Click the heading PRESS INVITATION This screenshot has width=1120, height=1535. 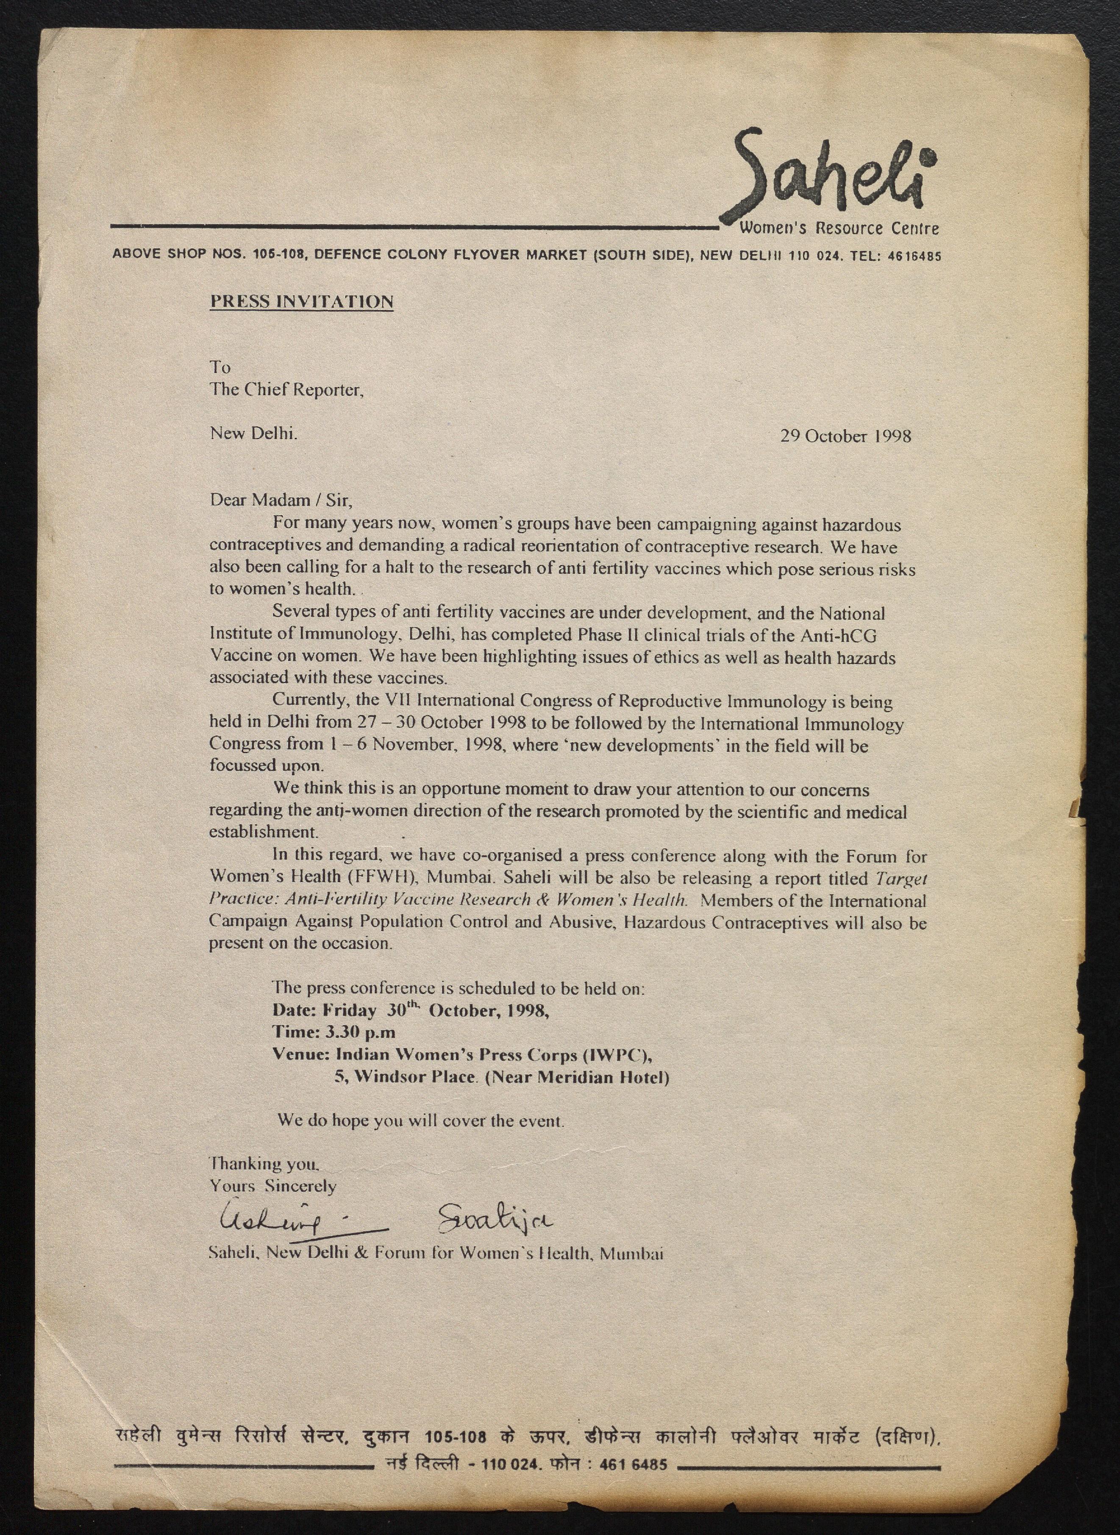[302, 302]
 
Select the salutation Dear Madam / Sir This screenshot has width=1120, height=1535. [281, 501]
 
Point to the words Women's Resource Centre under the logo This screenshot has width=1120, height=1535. [839, 228]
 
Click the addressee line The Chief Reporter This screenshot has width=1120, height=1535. [287, 390]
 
